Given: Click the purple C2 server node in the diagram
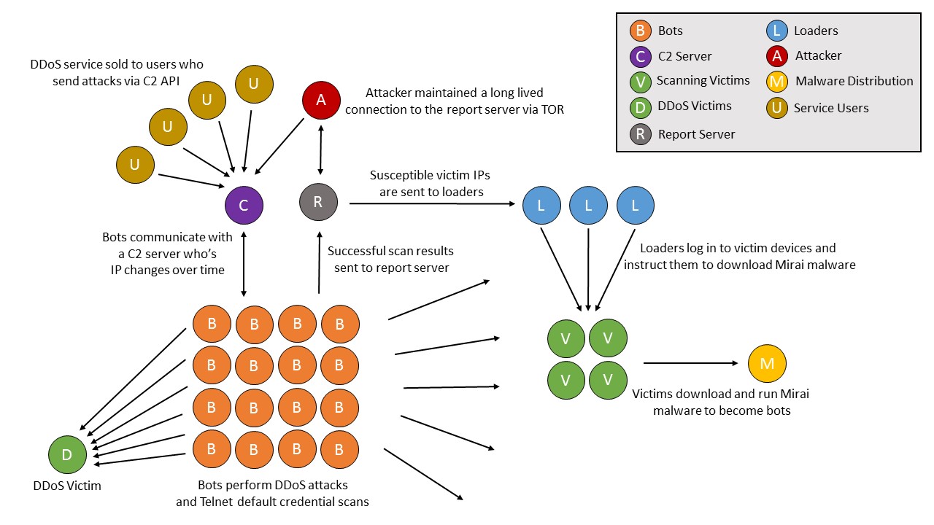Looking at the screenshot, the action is tap(244, 205).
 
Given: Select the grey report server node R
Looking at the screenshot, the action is tap(319, 202).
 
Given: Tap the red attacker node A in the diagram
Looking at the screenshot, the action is tap(321, 100).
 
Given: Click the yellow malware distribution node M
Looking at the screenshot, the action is tap(767, 363).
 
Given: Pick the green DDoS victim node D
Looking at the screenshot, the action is tap(68, 454).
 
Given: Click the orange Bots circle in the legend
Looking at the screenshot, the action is tap(641, 31).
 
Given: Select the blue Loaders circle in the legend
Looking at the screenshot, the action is tap(777, 31).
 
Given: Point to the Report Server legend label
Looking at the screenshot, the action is tap(696, 134).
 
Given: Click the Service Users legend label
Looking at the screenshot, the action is tap(831, 108).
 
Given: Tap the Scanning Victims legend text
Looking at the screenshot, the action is tap(703, 80).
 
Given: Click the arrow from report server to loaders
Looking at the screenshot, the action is tap(433, 203).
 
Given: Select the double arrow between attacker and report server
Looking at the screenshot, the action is tap(320, 150).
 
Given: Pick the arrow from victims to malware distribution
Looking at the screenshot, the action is tap(691, 363).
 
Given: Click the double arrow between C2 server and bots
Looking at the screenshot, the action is tap(244, 264).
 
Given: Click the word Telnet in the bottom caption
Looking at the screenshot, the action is tap(216, 502).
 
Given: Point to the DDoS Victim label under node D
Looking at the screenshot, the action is tap(67, 486).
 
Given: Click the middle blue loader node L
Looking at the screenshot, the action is tap(588, 206).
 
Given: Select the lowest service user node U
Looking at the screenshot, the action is tap(135, 165).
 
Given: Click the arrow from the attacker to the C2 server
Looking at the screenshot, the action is tap(279, 147).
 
